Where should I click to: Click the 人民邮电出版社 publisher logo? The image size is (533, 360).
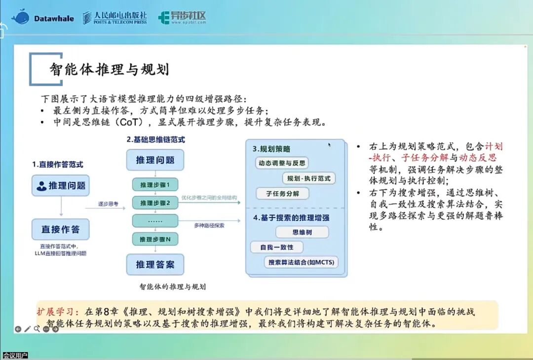115,17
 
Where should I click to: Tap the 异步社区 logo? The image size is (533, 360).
182,17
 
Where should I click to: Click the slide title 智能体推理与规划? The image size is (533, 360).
109,69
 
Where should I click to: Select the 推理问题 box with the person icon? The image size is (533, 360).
61,185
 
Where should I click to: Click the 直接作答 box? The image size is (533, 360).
61,229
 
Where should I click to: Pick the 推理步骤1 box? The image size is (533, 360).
155,185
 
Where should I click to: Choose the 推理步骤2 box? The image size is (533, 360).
155,203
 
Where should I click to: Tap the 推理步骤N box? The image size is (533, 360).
155,239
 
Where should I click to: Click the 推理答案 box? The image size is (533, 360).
155,264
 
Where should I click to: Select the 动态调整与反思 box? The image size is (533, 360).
282,163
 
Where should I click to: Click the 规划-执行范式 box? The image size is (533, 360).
308,179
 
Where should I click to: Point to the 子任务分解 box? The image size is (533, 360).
282,194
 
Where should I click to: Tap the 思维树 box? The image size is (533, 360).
302,232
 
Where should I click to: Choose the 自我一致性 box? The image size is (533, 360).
277,247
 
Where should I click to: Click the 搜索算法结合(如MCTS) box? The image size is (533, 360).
301,262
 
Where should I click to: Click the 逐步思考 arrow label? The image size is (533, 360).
109,204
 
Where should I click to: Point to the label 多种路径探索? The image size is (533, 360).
209,225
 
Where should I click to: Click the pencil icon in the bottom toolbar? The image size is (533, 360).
28,329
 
